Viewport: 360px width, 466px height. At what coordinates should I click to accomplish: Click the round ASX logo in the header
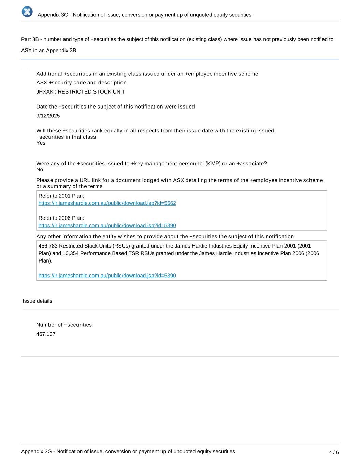(27, 12)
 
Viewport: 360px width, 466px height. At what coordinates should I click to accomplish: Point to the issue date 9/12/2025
(48, 116)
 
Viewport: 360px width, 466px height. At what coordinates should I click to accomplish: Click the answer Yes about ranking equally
(41, 143)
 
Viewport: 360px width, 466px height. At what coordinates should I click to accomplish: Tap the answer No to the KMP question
(40, 170)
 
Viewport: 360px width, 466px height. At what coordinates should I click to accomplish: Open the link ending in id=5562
(107, 203)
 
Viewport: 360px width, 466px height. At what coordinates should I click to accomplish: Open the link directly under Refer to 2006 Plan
(107, 226)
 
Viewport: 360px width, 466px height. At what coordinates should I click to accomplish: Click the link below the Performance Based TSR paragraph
(107, 276)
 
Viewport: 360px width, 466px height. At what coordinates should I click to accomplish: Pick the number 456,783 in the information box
(48, 246)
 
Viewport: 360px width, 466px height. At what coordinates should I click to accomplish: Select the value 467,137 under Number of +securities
(46, 334)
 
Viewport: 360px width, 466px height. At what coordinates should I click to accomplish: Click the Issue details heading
(38, 301)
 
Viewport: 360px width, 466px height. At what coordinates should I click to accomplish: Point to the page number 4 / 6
(334, 453)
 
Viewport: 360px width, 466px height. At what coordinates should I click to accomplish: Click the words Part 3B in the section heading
(30, 39)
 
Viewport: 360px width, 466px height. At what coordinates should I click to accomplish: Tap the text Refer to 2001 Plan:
(61, 196)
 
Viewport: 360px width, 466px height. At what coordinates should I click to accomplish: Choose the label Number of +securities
(64, 325)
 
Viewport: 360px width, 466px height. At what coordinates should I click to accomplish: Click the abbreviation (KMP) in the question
(213, 164)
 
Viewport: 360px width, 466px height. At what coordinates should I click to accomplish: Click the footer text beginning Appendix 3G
(128, 452)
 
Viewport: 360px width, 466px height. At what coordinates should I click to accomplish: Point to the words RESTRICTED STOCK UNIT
(91, 92)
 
